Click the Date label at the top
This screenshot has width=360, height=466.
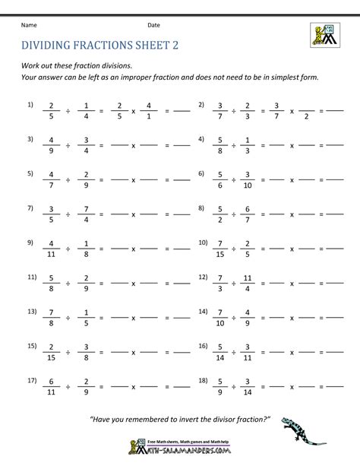(x=154, y=25)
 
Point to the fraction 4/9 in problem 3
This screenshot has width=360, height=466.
(x=50, y=145)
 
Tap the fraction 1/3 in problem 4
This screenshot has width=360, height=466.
(x=248, y=145)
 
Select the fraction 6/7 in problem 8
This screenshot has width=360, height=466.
(x=248, y=214)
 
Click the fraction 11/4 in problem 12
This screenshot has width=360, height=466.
(x=248, y=284)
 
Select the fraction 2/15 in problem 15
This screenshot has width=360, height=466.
(x=50, y=353)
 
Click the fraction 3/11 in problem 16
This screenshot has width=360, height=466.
(x=248, y=353)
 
